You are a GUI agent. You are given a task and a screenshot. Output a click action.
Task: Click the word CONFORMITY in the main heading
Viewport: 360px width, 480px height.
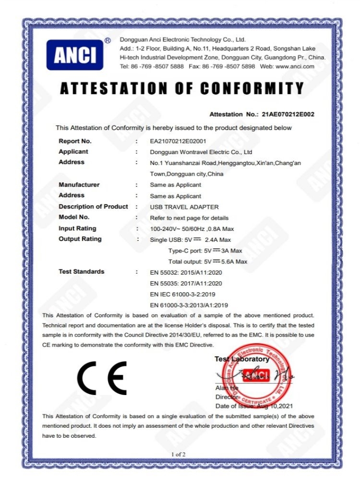(x=252, y=89)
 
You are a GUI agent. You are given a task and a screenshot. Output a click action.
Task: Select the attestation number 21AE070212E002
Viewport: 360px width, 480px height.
(x=288, y=114)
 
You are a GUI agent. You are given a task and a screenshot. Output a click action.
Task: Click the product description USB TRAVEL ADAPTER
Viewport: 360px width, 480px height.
(x=184, y=207)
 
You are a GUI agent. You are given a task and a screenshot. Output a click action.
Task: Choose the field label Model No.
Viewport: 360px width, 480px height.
(x=74, y=217)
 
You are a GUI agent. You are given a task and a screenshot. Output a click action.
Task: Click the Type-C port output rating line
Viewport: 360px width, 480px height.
(x=205, y=251)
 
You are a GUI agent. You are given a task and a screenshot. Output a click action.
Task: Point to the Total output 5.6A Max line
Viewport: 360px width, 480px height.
(x=207, y=262)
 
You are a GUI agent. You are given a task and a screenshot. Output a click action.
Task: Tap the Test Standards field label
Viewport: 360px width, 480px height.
(x=81, y=272)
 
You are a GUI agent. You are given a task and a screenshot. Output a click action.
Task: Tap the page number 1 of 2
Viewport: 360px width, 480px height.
(x=178, y=454)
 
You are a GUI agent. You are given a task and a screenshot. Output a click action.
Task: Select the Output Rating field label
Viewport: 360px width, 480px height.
(x=80, y=239)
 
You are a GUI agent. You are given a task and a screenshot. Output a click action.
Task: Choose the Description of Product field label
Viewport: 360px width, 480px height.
(x=93, y=207)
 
